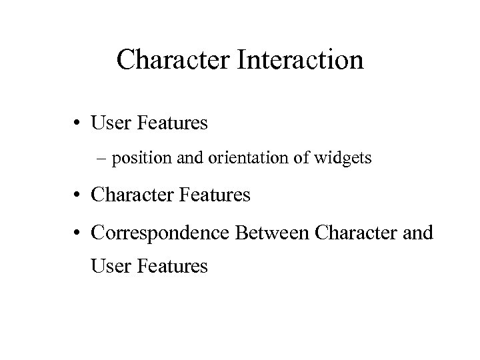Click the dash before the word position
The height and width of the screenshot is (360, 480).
pyautogui.click(x=101, y=160)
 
